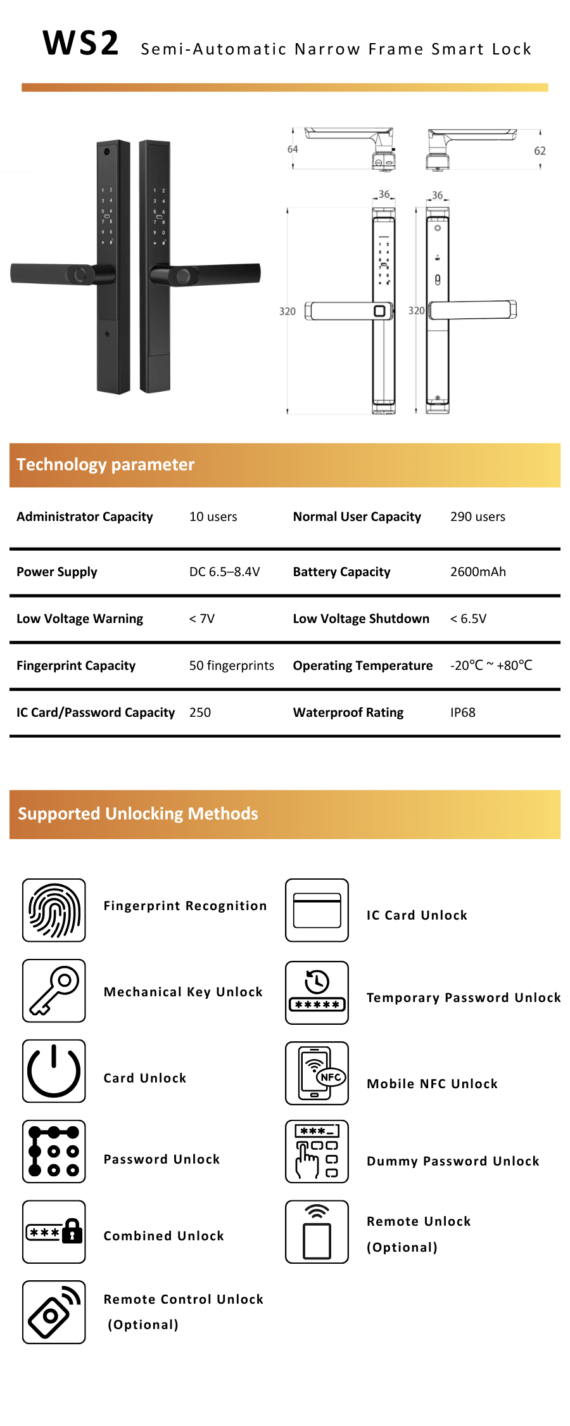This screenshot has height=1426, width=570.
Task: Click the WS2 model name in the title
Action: pos(80,44)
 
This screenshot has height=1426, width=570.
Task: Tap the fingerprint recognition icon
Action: pos(54,910)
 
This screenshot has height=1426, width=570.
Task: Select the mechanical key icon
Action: pos(54,991)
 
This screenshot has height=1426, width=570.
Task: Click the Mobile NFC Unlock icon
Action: pos(317,1073)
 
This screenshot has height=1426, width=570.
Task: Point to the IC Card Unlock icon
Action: pos(317,910)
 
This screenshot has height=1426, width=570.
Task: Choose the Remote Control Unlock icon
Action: pos(54,1312)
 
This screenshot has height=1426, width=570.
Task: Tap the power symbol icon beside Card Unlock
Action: pos(54,1071)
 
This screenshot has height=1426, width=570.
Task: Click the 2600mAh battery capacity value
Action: pos(478,572)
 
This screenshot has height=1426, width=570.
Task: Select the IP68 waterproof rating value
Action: pos(462,712)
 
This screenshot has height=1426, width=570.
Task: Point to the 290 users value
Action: pos(478,517)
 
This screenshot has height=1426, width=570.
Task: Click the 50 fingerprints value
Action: pos(231,665)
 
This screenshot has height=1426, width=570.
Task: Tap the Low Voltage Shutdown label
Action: pos(361,619)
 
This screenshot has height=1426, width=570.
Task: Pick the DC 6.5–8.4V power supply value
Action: pos(224,572)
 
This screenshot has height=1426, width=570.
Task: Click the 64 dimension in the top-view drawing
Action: pos(293,150)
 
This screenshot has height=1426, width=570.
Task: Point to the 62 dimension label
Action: pos(540,151)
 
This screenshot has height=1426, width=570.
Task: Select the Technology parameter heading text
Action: pos(106,465)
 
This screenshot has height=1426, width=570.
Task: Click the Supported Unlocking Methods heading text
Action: pos(138,814)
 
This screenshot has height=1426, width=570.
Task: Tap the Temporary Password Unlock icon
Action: pos(317,992)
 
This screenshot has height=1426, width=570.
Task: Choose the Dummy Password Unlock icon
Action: pos(317,1152)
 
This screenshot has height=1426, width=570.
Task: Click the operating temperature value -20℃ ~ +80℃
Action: pos(491,665)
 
